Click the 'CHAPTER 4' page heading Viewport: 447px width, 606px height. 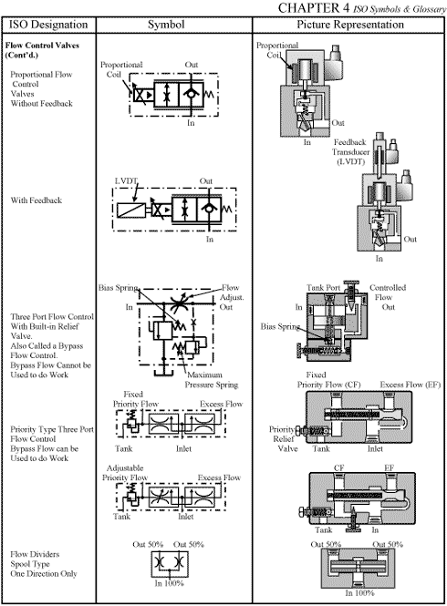click(x=349, y=8)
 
